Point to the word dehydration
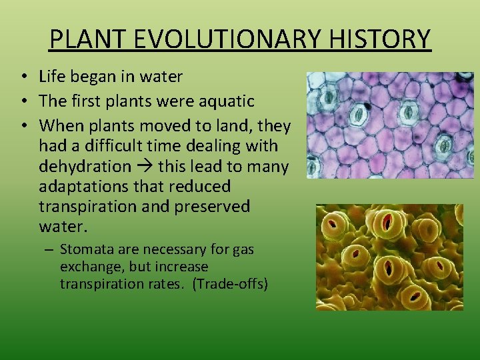(x=85, y=166)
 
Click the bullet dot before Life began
(x=23, y=77)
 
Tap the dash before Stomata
(x=50, y=250)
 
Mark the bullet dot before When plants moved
(x=23, y=125)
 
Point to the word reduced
(x=200, y=187)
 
